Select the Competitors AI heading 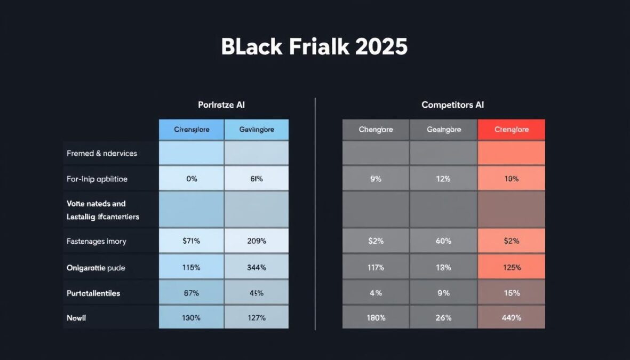(x=453, y=105)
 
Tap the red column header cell (x=511, y=130)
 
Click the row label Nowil (x=76, y=318)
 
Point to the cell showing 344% (x=257, y=267)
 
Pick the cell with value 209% (x=257, y=241)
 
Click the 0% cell (x=192, y=179)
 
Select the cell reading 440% (x=511, y=318)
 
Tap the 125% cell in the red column (x=511, y=267)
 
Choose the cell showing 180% (x=376, y=318)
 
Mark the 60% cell (x=443, y=241)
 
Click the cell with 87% (x=192, y=293)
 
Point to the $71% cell (x=192, y=241)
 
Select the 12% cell (x=443, y=179)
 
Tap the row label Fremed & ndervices (x=102, y=154)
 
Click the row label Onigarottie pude (x=96, y=268)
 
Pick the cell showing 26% (x=443, y=318)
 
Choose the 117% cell (x=376, y=267)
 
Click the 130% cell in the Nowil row (x=192, y=318)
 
